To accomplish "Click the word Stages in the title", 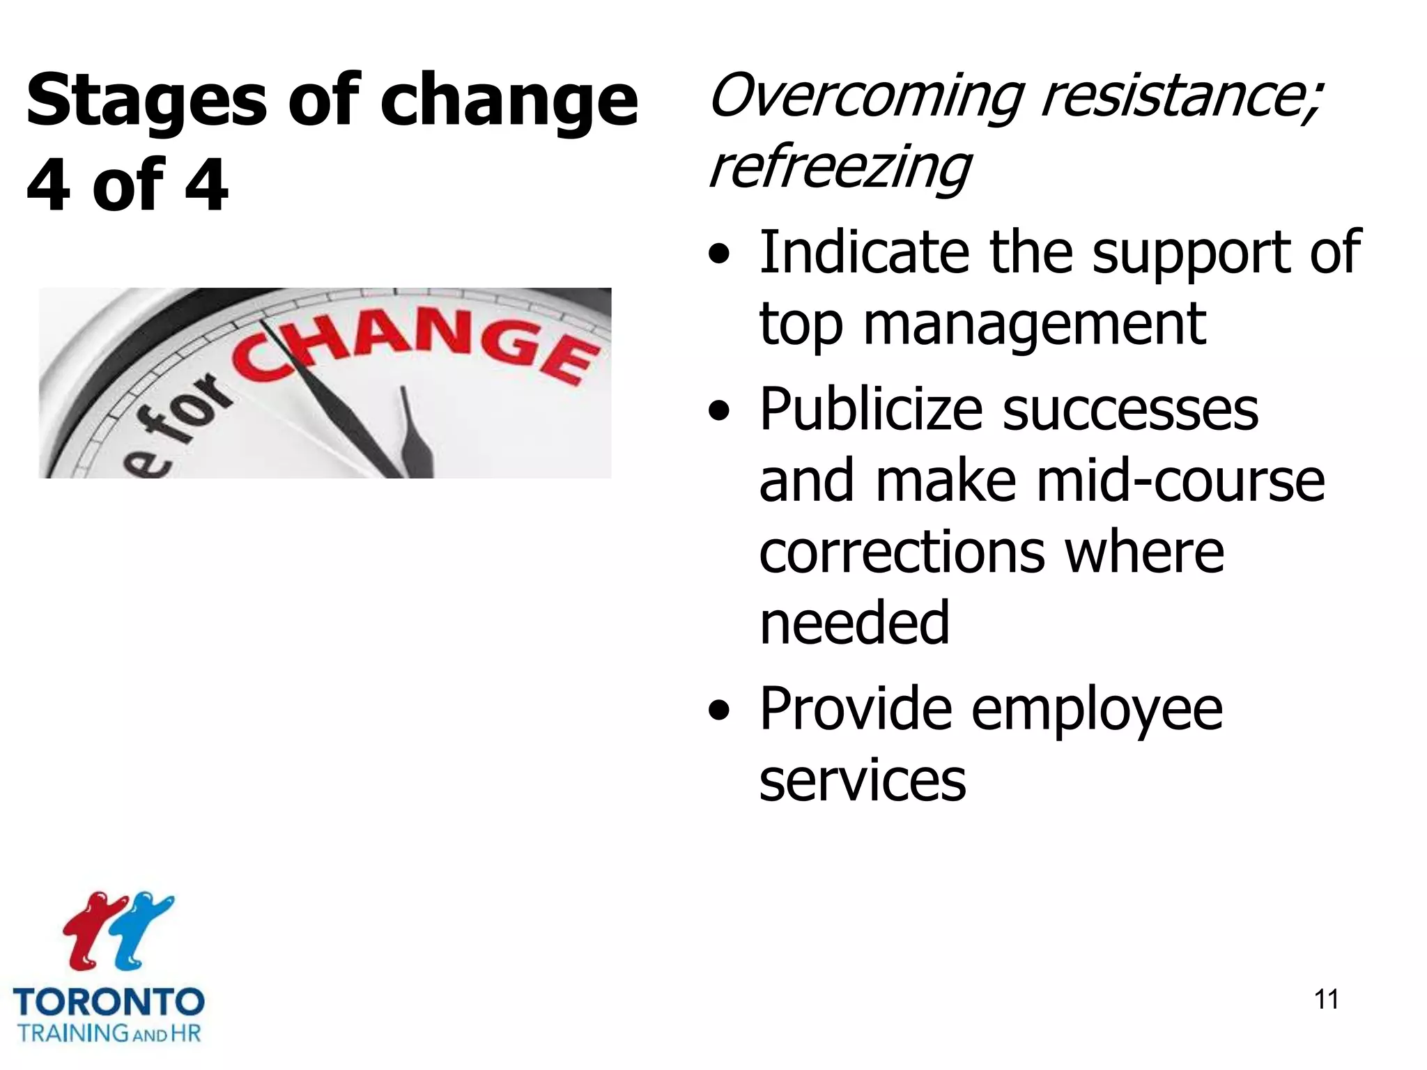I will tap(146, 102).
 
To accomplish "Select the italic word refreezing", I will tap(839, 169).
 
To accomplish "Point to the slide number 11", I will tap(1326, 1000).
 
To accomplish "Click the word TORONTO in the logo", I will tap(109, 1002).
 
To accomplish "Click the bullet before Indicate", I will tap(719, 256).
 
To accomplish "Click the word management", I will tap(1034, 325).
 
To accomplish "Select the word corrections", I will tap(902, 552).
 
